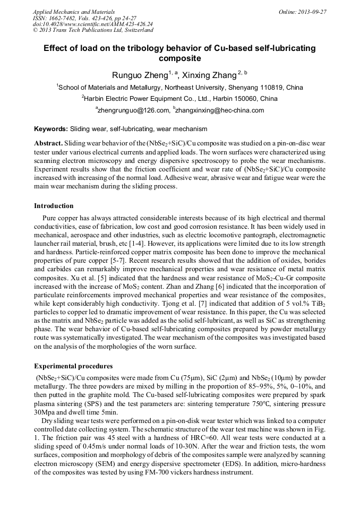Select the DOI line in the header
tap(92, 24)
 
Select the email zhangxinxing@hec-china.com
tap(220, 110)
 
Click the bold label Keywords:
tap(51, 129)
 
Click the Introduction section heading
tap(54, 205)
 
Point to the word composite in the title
tap(180, 58)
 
